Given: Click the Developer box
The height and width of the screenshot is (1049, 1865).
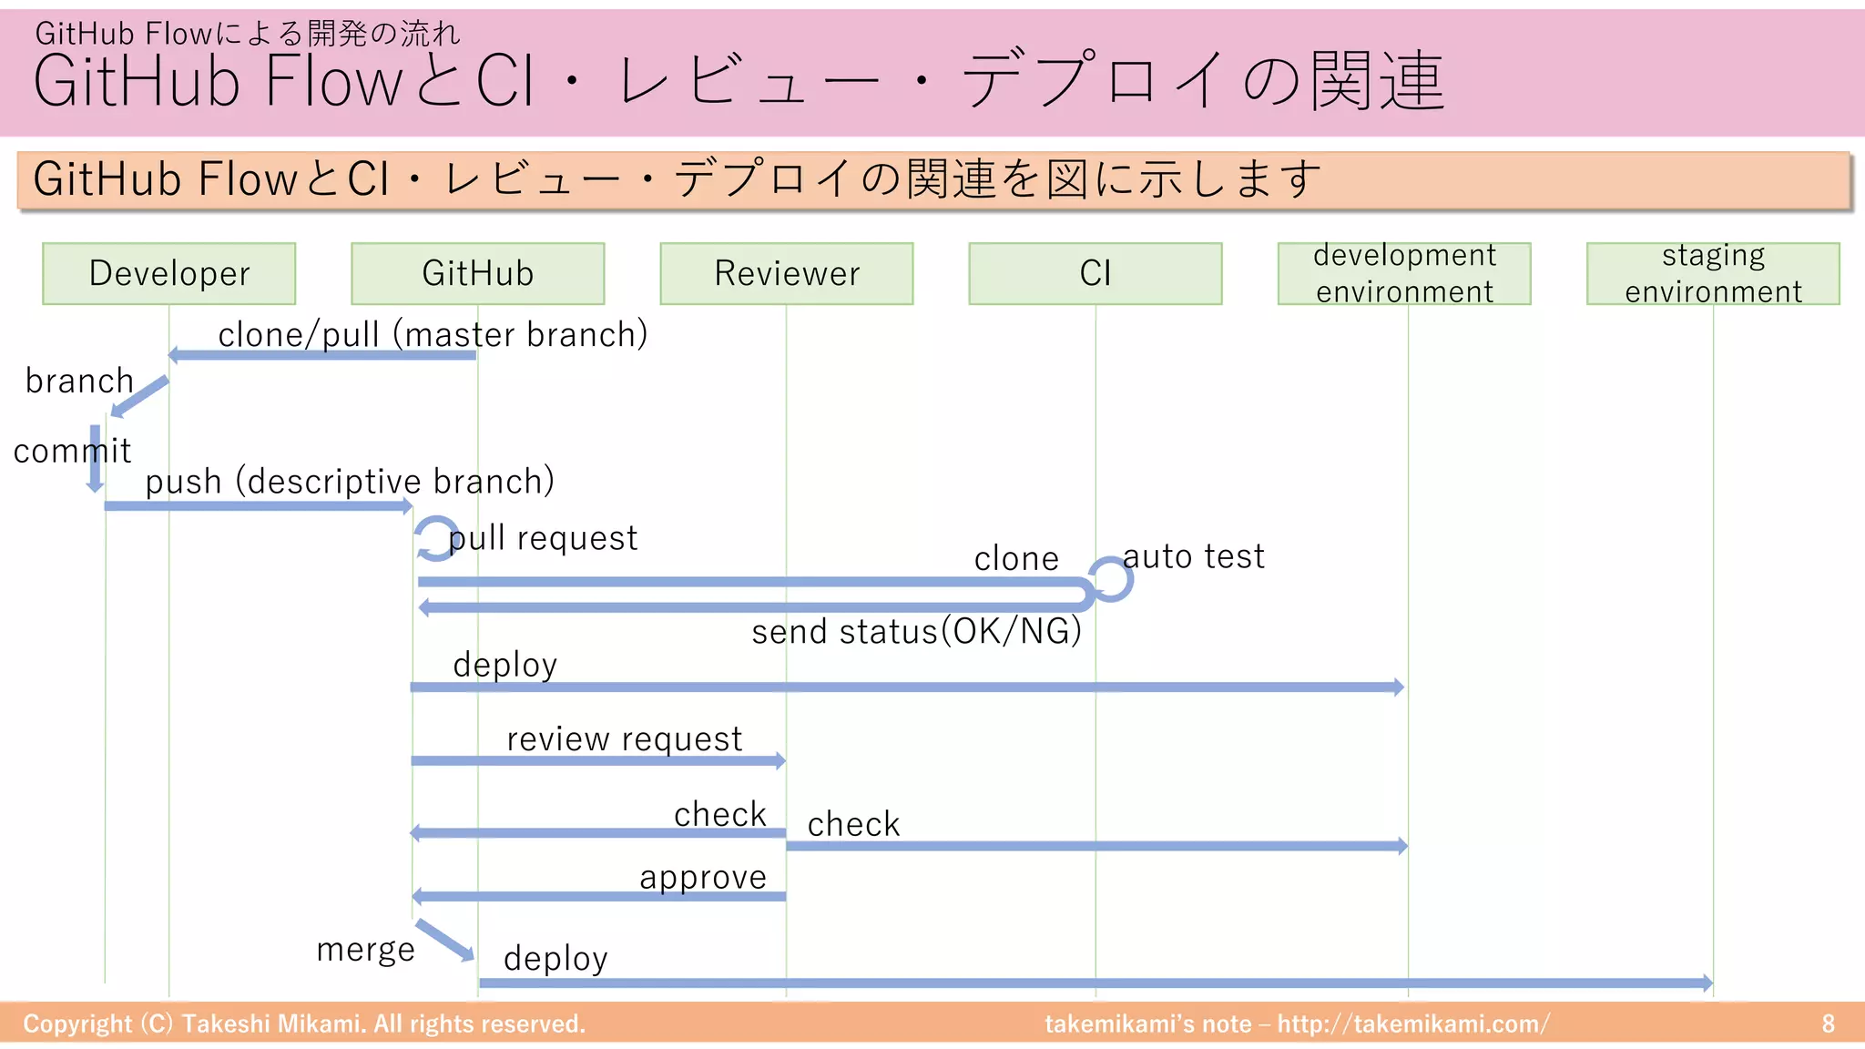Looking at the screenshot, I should click(168, 273).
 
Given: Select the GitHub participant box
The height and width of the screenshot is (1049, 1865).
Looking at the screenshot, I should click(477, 273).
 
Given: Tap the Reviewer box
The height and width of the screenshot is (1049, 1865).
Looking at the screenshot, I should click(786, 273).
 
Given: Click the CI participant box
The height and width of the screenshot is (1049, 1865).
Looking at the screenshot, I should click(1095, 273).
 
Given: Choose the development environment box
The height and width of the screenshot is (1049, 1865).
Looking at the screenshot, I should click(1403, 273).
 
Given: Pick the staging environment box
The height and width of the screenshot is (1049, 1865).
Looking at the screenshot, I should click(1712, 273).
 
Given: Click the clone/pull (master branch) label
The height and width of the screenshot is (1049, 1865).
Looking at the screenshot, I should click(433, 334).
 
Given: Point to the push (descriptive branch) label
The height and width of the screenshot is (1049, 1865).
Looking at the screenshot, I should click(350, 481).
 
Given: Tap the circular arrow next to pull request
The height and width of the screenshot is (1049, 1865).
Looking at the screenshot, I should click(435, 538).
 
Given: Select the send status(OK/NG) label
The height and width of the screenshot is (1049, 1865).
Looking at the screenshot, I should click(916, 631).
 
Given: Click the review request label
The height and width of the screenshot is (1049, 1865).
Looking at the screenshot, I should click(624, 738).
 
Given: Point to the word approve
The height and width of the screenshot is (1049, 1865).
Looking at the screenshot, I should click(702, 877).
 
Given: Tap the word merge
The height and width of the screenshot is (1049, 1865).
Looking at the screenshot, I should click(365, 949).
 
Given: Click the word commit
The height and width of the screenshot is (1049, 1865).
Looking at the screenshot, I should click(72, 451).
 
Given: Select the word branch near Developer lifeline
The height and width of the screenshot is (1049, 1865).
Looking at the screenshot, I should click(79, 381).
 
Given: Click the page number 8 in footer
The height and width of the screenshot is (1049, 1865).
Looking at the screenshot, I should click(1828, 1024).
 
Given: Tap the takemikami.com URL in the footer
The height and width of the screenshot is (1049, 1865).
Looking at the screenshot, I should click(1412, 1024).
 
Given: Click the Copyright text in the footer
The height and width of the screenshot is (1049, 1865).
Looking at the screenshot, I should click(303, 1024).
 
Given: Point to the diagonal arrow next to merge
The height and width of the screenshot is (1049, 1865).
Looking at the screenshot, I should click(444, 940).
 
